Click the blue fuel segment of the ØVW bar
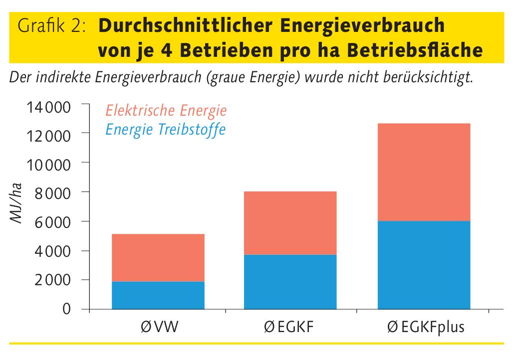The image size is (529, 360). click(x=158, y=295)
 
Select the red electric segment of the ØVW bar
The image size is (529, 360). click(x=158, y=258)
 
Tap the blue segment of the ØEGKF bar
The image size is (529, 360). click(x=290, y=282)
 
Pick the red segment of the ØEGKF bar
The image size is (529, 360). click(x=290, y=223)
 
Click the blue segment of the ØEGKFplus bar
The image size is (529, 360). click(x=424, y=265)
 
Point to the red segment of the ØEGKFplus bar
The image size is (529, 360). click(x=424, y=172)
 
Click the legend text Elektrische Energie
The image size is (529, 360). click(x=166, y=110)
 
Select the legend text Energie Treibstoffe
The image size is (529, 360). click(x=165, y=130)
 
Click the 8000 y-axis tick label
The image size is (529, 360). click(x=56, y=192)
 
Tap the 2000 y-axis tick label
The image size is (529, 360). click(x=56, y=280)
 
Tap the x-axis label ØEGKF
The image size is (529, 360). click(x=290, y=328)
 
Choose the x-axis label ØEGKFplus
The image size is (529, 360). click(x=426, y=328)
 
